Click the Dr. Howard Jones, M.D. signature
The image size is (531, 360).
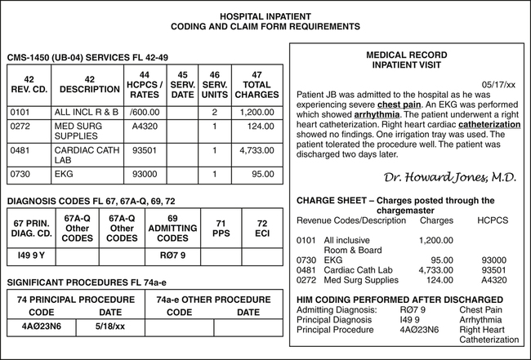(449, 177)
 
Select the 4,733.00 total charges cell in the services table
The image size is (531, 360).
(257, 150)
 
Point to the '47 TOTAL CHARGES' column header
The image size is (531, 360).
(257, 85)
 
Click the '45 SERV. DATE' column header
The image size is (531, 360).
(183, 85)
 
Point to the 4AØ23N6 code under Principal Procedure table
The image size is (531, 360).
(40, 327)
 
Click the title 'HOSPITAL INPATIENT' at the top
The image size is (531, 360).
(265, 16)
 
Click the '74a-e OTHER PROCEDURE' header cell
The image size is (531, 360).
(213, 300)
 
